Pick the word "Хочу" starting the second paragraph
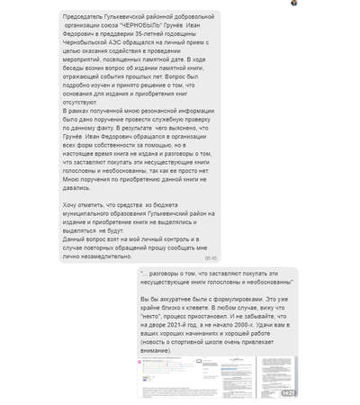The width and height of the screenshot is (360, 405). pyautogui.click(x=70, y=206)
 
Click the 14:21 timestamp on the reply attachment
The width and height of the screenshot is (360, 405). pyautogui.click(x=287, y=393)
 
